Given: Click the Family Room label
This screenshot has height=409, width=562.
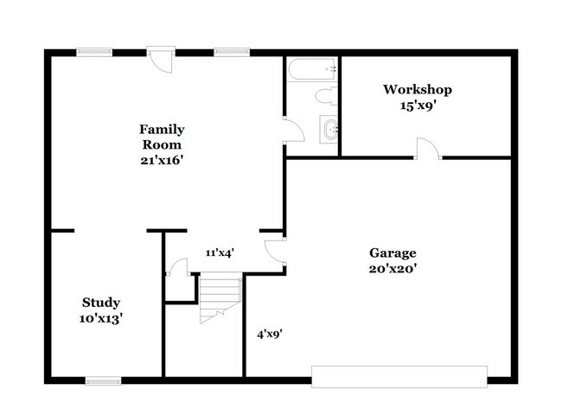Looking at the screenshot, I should click(x=162, y=137).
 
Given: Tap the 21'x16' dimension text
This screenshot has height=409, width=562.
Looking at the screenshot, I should click(x=162, y=160).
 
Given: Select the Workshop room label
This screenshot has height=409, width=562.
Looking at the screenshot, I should click(x=418, y=89).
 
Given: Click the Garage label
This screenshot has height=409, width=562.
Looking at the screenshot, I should click(x=393, y=252).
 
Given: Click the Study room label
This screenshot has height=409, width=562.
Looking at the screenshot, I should click(x=101, y=302).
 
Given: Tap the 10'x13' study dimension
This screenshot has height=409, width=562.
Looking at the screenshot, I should click(x=101, y=317).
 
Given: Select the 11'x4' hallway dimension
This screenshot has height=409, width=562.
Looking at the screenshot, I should click(x=220, y=252).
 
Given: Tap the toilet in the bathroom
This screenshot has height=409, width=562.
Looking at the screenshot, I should click(x=326, y=95).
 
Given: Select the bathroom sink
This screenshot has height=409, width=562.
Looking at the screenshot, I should click(x=329, y=130).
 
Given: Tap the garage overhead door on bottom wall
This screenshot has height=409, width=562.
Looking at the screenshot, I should click(x=399, y=375).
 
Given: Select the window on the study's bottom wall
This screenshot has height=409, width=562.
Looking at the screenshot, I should click(x=104, y=380).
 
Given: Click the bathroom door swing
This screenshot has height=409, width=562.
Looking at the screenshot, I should click(x=294, y=131).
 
